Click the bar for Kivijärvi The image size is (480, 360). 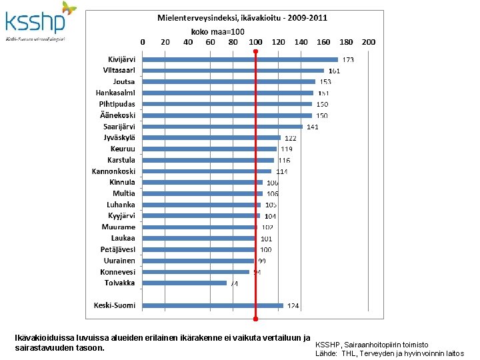click(240, 59)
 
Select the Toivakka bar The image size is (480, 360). click(185, 283)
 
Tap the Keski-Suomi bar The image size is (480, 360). click(213, 306)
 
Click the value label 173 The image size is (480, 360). click(348, 60)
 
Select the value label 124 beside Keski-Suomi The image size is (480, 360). click(293, 307)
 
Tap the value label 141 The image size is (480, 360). click(312, 127)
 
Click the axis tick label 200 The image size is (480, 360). click(369, 41)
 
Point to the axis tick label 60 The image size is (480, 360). click(210, 41)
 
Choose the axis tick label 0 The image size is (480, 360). click(143, 41)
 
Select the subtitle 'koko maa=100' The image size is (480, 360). click(218, 31)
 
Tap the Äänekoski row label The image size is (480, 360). click(117, 115)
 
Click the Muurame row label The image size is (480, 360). click(118, 227)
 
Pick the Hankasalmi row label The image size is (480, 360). click(115, 93)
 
